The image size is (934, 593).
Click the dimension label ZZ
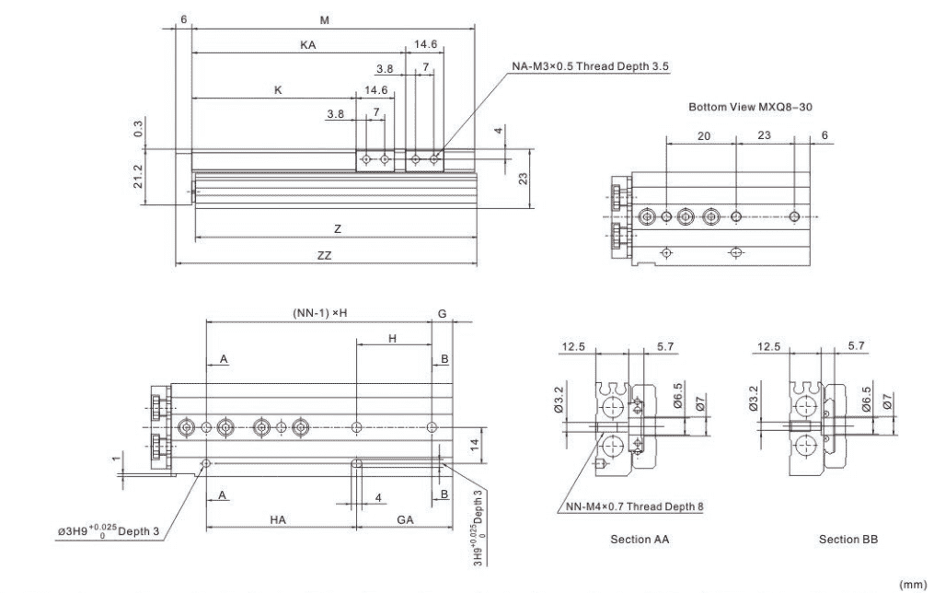324,256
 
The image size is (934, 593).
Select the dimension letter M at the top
325,20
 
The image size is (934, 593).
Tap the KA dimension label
308,45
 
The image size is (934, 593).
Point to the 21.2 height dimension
138,177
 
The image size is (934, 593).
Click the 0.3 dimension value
138,128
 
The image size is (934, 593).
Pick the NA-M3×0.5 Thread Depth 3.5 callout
590,66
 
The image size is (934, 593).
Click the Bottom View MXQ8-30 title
751,108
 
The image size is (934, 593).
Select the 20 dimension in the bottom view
703,136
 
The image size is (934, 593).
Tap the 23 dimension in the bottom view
764,135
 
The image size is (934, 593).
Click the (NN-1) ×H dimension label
320,313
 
